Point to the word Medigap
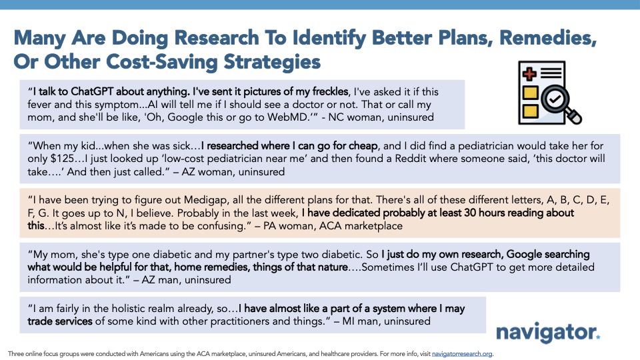coord(204,201)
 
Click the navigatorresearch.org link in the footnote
coord(462,354)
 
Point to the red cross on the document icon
coord(529,74)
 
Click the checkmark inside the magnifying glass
coord(555,99)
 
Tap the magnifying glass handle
coord(573,115)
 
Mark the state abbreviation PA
coord(270,226)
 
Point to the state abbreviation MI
coord(348,321)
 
